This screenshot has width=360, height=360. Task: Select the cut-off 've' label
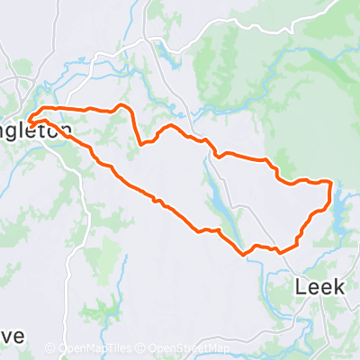point(11,335)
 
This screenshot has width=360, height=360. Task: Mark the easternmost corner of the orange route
point(332,184)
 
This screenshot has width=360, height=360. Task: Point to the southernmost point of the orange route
point(244,254)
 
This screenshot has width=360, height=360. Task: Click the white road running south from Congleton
point(88,234)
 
